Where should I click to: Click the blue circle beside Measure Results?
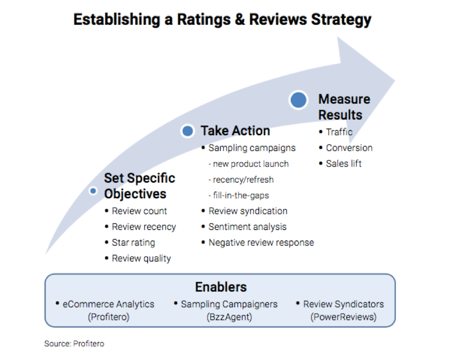pos(298,100)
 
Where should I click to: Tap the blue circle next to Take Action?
pos(188,130)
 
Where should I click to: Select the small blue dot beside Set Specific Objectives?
pos(93,191)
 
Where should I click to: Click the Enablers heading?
pos(221,287)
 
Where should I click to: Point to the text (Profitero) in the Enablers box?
pos(108,317)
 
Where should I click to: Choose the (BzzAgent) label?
pos(229,317)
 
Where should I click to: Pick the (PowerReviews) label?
pos(343,317)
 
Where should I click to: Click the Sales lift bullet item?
pos(344,164)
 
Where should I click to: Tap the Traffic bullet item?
pos(339,132)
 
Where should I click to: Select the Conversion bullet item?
pos(349,148)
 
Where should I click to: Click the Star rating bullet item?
pos(133,243)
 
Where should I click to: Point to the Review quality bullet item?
pos(142,258)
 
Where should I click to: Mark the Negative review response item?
pos(261,243)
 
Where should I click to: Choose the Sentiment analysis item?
pos(248,227)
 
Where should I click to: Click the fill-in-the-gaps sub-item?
pos(239,195)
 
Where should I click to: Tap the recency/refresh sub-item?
pos(241,179)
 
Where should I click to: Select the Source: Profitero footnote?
pos(74,343)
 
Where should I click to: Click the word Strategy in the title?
pos(341,20)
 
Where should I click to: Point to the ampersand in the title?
pos(240,20)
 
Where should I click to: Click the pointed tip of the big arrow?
pos(395,81)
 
